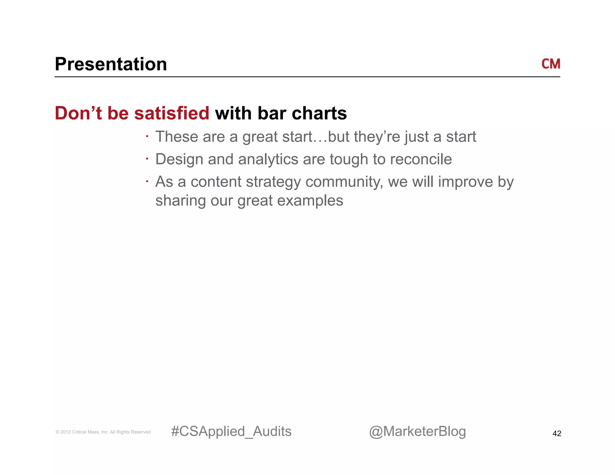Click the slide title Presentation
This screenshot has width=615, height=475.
click(111, 64)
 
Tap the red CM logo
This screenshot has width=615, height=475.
click(550, 64)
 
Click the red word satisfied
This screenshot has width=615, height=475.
click(171, 113)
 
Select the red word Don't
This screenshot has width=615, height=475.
click(78, 113)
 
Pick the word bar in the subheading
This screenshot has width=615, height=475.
click(271, 113)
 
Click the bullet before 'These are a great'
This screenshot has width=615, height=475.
click(147, 137)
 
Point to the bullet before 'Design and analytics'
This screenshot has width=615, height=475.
click(147, 159)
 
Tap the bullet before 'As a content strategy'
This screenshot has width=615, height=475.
click(147, 181)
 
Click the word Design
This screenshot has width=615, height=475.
click(179, 159)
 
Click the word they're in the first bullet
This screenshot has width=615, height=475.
click(377, 137)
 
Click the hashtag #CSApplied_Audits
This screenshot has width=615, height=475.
click(231, 431)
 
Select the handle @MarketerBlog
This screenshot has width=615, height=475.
click(417, 431)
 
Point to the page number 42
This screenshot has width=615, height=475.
click(556, 433)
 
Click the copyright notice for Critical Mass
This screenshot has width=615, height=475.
click(103, 432)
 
